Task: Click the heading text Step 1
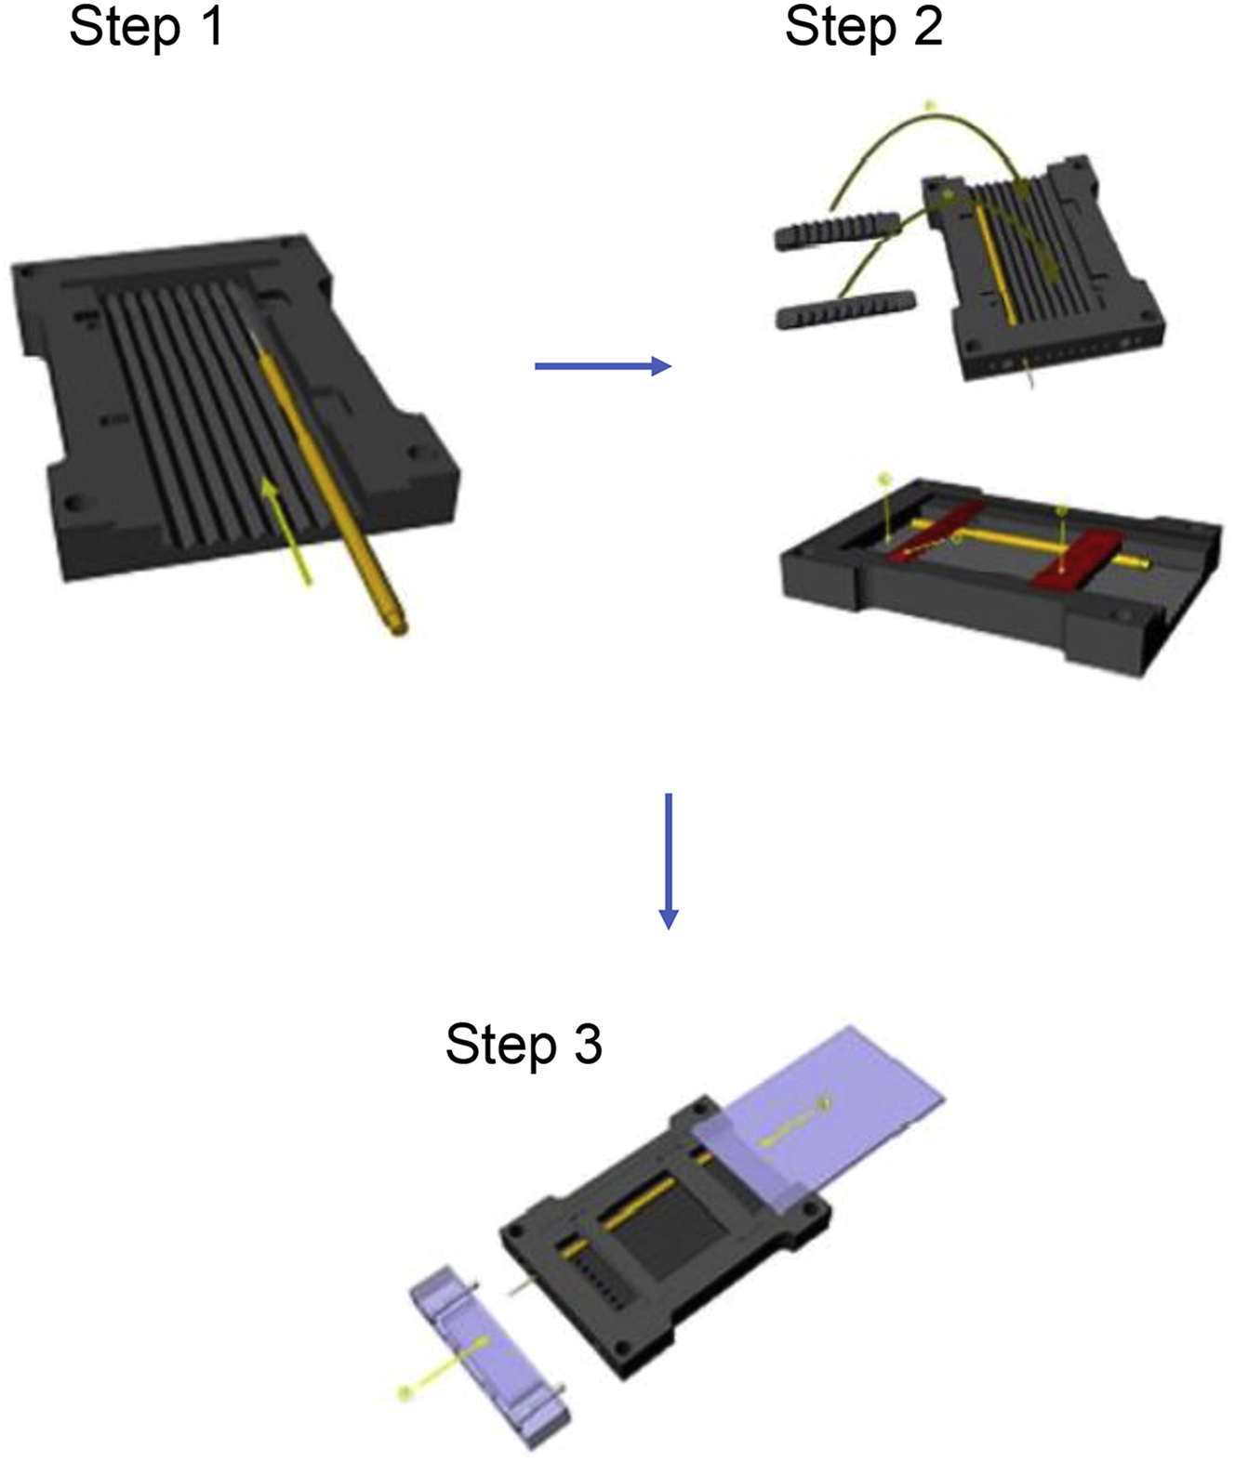click(x=146, y=27)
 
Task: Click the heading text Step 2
click(x=864, y=28)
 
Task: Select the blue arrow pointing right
click(x=604, y=365)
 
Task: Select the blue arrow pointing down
click(x=669, y=862)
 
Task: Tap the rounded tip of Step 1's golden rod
click(x=399, y=629)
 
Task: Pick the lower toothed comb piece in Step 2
click(x=845, y=309)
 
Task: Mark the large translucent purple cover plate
click(x=819, y=1119)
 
